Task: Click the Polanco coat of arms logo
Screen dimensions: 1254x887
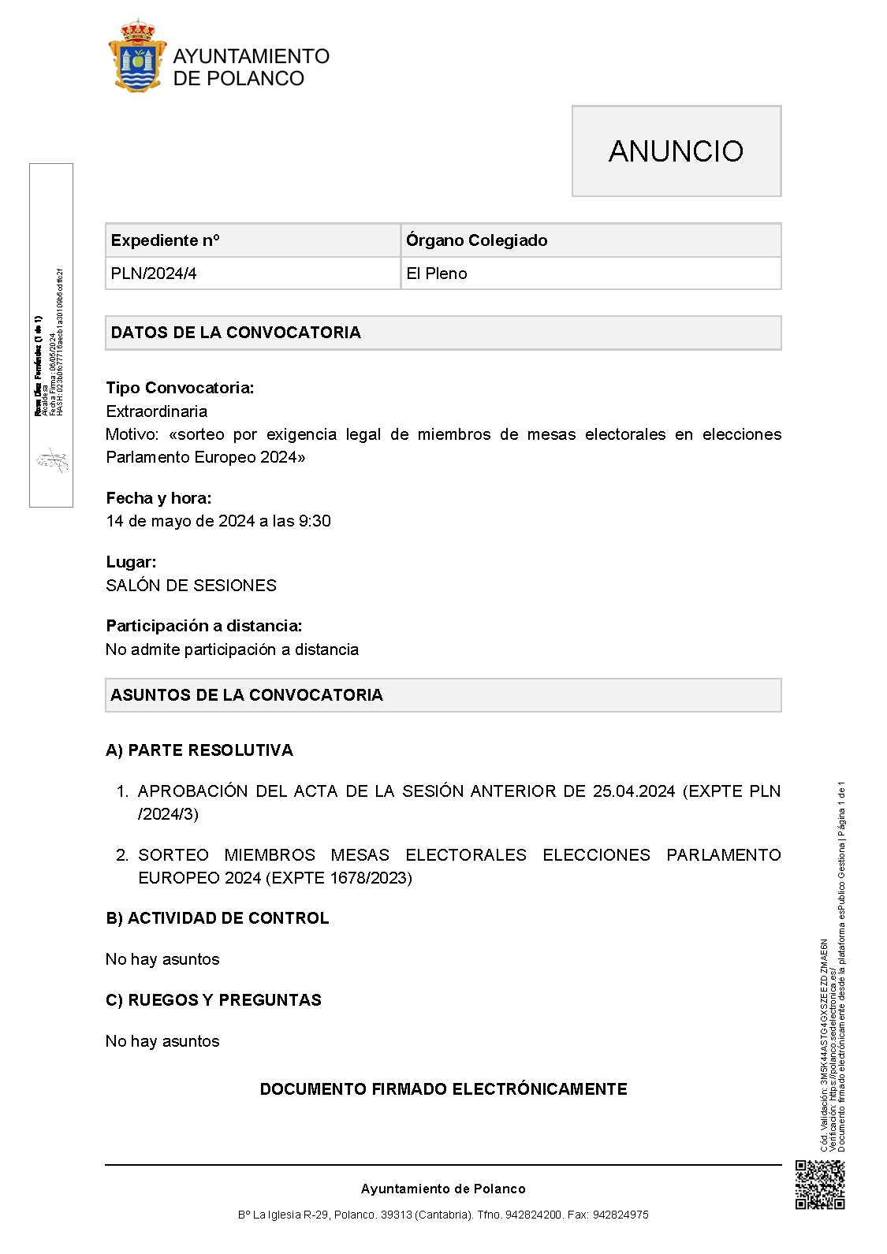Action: click(137, 57)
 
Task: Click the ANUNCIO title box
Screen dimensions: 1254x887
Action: click(676, 151)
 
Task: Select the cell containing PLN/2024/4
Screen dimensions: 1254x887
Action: click(154, 273)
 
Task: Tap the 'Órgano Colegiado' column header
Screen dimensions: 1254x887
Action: click(476, 240)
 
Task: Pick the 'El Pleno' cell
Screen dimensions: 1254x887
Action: click(437, 273)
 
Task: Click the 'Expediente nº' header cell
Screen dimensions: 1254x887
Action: click(166, 240)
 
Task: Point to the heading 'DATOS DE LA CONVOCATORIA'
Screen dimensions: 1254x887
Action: click(236, 333)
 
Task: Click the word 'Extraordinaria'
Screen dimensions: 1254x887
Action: click(157, 411)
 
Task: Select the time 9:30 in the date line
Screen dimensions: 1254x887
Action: click(315, 521)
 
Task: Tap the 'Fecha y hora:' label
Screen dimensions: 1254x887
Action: click(158, 498)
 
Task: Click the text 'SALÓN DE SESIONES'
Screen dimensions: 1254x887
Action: click(192, 586)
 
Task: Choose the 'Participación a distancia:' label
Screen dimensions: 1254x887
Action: click(204, 626)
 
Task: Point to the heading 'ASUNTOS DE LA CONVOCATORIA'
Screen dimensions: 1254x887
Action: click(247, 695)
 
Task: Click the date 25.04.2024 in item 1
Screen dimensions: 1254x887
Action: click(634, 791)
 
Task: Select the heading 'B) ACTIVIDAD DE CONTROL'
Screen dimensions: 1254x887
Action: click(218, 918)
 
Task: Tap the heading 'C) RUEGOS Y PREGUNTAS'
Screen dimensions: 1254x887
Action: click(214, 1000)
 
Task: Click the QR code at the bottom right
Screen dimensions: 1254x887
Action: click(820, 1185)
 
